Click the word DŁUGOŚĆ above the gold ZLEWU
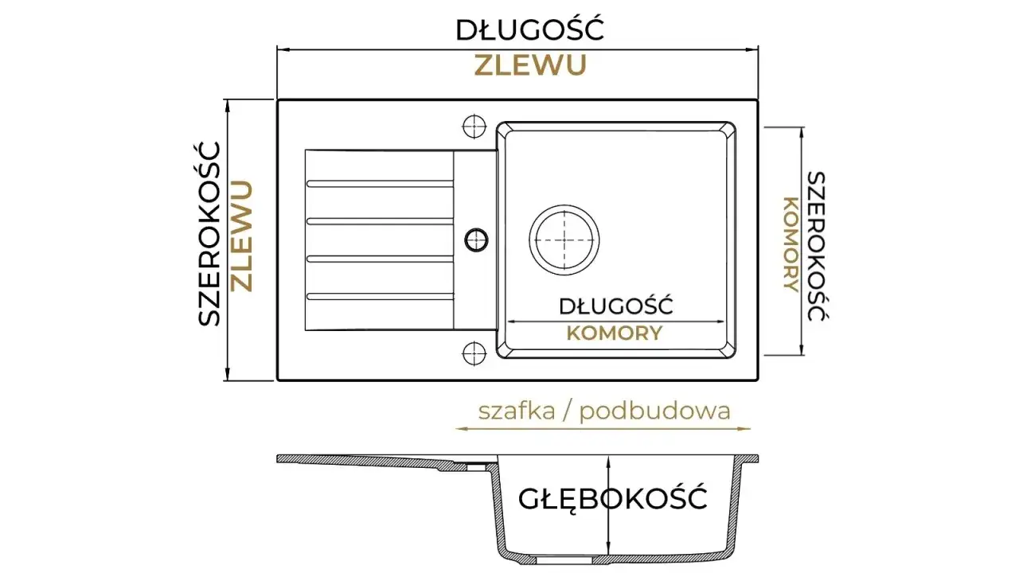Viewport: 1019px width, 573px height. coord(530,30)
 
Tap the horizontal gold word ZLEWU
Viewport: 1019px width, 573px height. coord(530,65)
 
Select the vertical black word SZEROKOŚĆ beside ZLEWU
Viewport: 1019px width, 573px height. coord(209,234)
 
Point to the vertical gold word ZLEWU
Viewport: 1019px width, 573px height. coord(241,236)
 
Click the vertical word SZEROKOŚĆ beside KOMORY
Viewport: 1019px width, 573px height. coord(817,246)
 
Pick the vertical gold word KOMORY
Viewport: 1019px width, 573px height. coord(791,244)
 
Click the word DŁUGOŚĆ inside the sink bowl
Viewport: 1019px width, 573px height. coord(616,306)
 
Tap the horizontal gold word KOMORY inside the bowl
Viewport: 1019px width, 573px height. coord(615,333)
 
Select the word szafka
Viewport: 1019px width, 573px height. coord(517,411)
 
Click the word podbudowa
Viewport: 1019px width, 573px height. coord(655,411)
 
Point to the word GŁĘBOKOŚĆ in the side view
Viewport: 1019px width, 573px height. coord(613,499)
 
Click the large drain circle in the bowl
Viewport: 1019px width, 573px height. coord(564,240)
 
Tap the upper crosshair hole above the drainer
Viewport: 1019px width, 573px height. coord(474,126)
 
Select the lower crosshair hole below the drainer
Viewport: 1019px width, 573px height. coord(474,353)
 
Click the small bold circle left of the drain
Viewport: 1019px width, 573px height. coord(476,240)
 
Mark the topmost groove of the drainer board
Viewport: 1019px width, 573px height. coord(381,184)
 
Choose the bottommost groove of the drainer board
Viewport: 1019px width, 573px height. coord(381,297)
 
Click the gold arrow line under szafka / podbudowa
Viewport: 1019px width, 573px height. coord(603,428)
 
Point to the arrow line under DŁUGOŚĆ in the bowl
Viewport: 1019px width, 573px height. coord(615,322)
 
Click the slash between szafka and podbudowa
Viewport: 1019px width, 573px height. coord(567,411)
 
